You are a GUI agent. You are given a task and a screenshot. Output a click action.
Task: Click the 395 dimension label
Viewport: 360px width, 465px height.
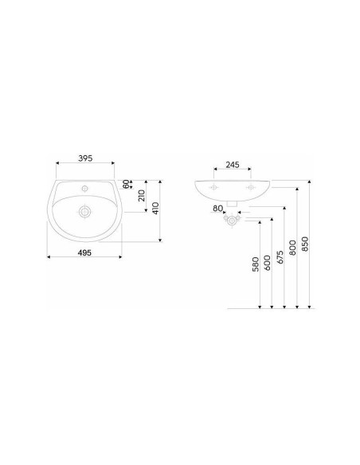tap(85, 158)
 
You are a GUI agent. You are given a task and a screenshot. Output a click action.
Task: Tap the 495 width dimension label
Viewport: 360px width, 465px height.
tap(84, 252)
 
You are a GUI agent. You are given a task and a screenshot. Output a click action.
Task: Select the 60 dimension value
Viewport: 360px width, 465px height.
tap(127, 184)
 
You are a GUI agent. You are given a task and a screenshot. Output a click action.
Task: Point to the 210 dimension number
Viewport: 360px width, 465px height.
tap(142, 196)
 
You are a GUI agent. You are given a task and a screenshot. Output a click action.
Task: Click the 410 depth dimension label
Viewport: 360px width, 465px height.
tap(155, 208)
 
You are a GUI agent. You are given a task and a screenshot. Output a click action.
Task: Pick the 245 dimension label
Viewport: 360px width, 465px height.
tap(233, 165)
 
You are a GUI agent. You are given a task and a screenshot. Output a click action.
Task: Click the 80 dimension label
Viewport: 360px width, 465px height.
tap(217, 209)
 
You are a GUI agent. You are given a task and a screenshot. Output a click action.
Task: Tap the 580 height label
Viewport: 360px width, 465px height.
tap(256, 264)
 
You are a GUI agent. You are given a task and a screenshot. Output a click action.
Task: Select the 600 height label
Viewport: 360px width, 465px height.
tap(267, 263)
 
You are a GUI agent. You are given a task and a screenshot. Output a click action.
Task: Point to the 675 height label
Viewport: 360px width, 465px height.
tap(280, 257)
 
